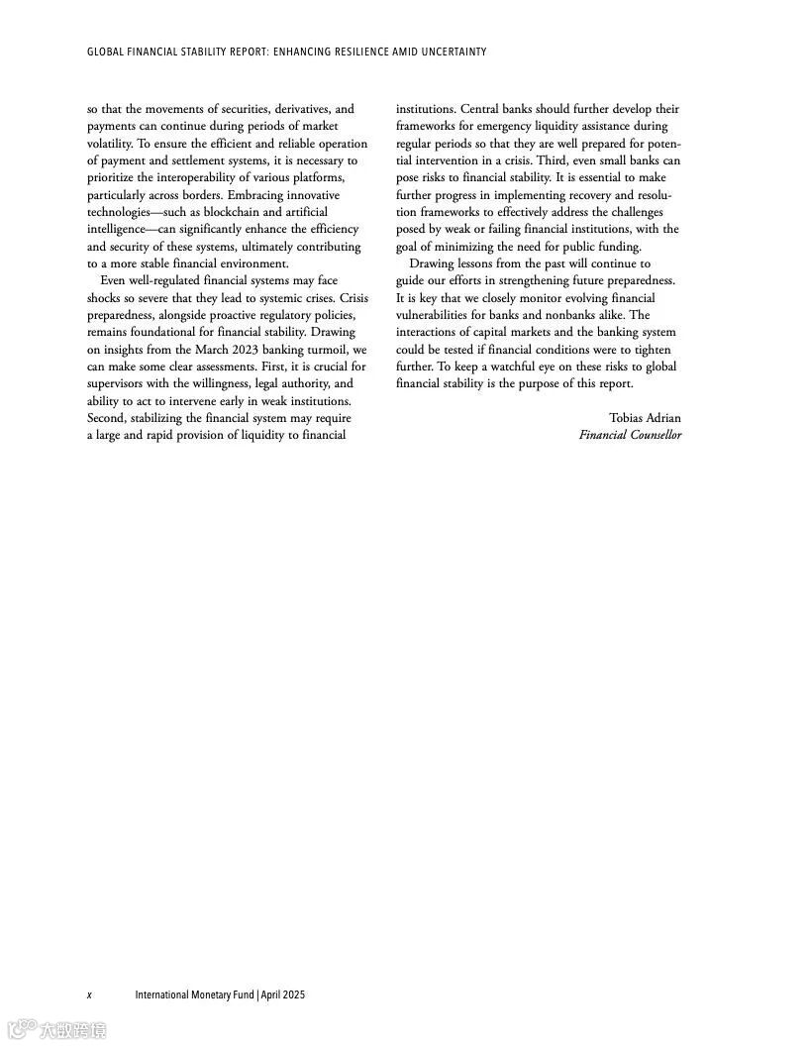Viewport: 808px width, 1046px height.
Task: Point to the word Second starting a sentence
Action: pos(106,418)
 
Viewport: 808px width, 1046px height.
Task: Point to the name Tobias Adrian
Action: pos(645,418)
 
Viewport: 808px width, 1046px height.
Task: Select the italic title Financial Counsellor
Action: pos(630,435)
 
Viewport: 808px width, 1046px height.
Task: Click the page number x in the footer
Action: pos(89,994)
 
